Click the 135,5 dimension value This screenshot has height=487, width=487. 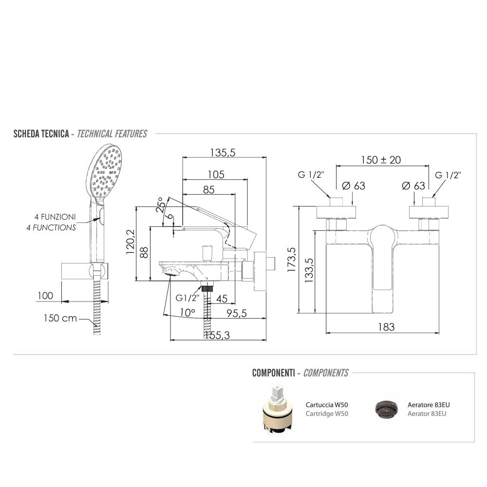pyautogui.click(x=223, y=152)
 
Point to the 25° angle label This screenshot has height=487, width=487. pyautogui.click(x=160, y=206)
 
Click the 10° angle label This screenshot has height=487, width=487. pyautogui.click(x=187, y=313)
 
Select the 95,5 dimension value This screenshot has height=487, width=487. pyautogui.click(x=236, y=314)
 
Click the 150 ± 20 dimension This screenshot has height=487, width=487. pyautogui.click(x=381, y=160)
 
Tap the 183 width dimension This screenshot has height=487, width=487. pyautogui.click(x=386, y=327)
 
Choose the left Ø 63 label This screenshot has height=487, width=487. pyautogui.click(x=353, y=186)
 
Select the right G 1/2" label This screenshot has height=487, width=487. pyautogui.click(x=448, y=174)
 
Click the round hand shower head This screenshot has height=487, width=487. pyautogui.click(x=106, y=171)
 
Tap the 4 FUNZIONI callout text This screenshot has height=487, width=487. pyautogui.click(x=55, y=217)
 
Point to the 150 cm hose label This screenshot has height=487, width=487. pyautogui.click(x=60, y=318)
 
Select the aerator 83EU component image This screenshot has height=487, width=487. pyautogui.click(x=385, y=408)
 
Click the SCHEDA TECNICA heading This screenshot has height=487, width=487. pyautogui.click(x=41, y=134)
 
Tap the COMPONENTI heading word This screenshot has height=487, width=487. pyautogui.click(x=273, y=373)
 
